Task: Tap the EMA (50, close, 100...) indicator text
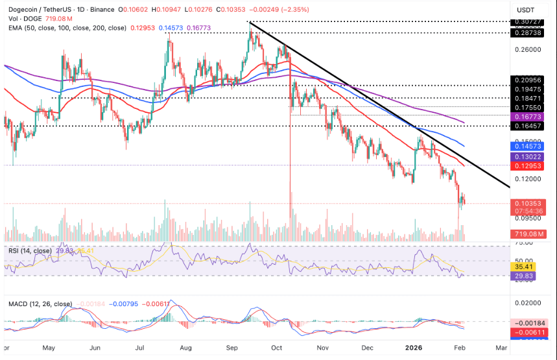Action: [x=65, y=29]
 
